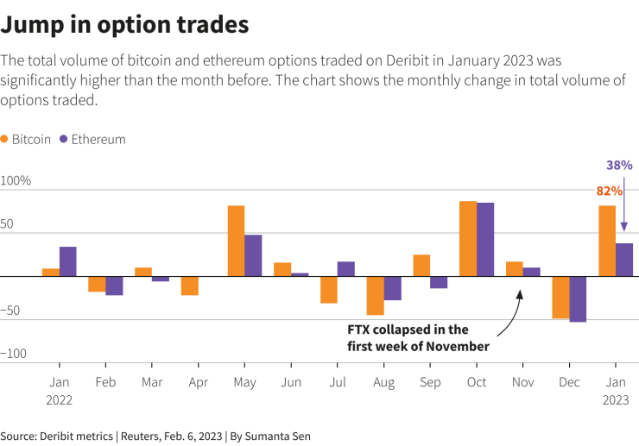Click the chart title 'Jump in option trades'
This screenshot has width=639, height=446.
point(125,25)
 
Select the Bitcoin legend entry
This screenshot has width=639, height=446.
point(26,139)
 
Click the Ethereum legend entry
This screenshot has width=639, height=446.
point(92,139)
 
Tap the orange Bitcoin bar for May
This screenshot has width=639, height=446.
point(236,241)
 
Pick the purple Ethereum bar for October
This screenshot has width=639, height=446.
point(485,240)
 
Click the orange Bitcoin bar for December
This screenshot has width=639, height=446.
point(560,298)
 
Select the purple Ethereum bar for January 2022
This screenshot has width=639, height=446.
point(67,261)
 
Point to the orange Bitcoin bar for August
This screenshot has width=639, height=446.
point(375,296)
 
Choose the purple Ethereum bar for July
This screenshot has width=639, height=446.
point(345,269)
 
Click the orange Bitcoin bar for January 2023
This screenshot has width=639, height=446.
point(607,241)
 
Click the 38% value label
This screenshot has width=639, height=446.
point(619,165)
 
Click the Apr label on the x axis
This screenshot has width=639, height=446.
point(198,381)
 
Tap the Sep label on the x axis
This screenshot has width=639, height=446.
point(429,381)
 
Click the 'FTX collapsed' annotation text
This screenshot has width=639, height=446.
point(408,337)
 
